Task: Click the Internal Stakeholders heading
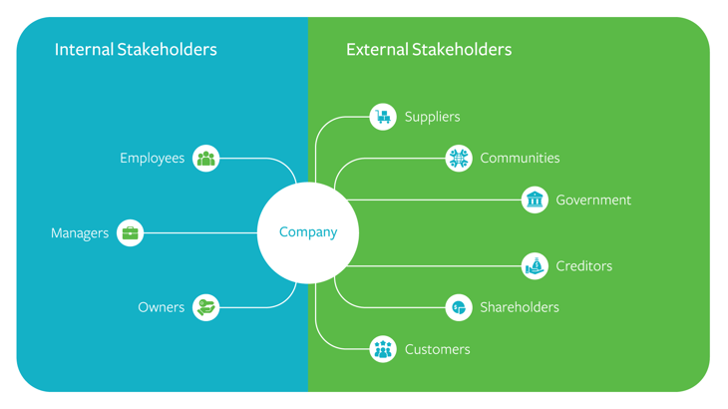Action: (136, 49)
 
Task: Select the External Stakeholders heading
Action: (429, 49)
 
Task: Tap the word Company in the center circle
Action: (308, 232)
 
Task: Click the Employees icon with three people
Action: (206, 158)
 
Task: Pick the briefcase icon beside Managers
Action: (131, 233)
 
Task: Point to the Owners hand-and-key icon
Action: (206, 307)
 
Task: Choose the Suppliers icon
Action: (383, 117)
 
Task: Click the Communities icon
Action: (459, 158)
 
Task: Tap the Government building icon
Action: (536, 200)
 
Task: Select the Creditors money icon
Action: (536, 266)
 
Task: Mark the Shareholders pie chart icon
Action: (459, 307)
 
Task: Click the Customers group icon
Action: (383, 349)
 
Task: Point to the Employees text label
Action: (153, 159)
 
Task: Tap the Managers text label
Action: (80, 233)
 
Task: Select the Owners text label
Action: (162, 307)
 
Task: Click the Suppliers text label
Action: (433, 117)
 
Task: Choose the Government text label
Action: (593, 201)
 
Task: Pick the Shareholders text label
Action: (520, 307)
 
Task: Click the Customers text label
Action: (438, 349)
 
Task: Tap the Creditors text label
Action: (584, 266)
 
